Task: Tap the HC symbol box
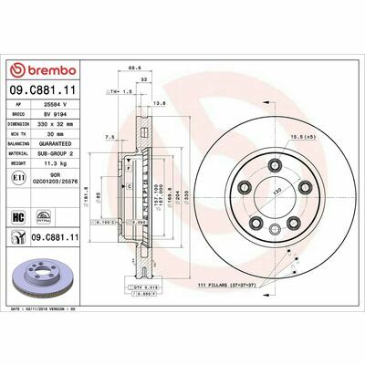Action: tap(18, 217)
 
